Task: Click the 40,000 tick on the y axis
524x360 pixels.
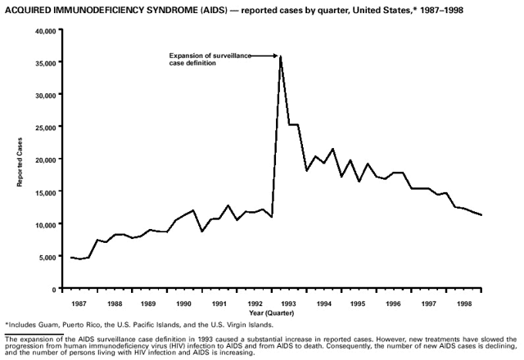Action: (44, 30)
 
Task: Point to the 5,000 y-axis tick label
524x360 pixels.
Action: (46, 257)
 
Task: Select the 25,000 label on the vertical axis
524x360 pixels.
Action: (44, 128)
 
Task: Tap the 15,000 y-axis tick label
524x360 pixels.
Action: (44, 192)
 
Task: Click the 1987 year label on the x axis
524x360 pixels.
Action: (79, 303)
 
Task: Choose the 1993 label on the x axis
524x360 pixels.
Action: (289, 303)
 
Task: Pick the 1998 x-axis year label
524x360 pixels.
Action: (464, 303)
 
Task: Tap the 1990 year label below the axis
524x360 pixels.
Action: (183, 303)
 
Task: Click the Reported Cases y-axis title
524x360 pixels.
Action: (20, 160)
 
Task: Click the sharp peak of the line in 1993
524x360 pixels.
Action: (281, 56)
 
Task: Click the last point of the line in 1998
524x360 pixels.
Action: (481, 215)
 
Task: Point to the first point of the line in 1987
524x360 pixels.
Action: (70, 258)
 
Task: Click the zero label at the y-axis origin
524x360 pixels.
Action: (52, 289)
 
